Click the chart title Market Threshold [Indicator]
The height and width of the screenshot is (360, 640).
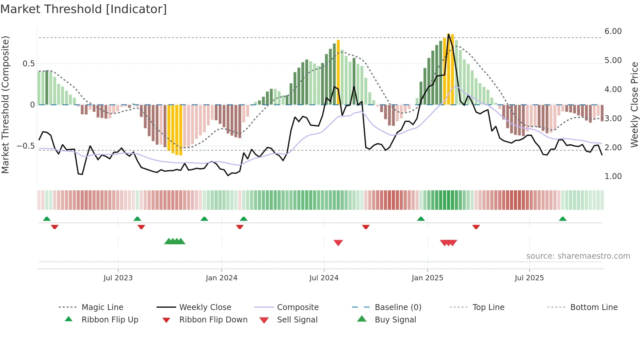point(84,9)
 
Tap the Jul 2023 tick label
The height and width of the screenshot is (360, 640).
point(118,278)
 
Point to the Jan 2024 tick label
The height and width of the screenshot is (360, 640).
point(221,278)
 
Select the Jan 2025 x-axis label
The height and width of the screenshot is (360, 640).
point(427,278)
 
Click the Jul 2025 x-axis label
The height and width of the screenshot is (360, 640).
point(529,278)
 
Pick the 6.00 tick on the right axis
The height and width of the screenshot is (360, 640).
point(613,31)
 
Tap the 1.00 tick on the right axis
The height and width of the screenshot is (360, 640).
point(613,176)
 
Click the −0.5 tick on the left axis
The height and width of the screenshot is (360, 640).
point(25,146)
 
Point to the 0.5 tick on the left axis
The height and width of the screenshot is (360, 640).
point(28,64)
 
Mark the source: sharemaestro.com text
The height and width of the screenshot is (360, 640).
point(578,256)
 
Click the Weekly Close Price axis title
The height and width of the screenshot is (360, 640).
point(634,105)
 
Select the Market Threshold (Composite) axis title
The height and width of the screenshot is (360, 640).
point(5,105)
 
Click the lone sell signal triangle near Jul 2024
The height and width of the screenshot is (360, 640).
point(338,243)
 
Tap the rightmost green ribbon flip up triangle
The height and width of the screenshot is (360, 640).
point(562,219)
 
